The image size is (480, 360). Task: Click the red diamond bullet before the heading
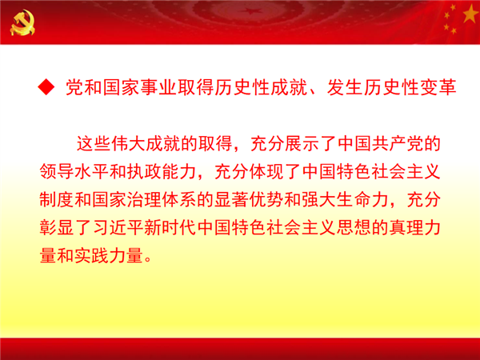tap(46, 87)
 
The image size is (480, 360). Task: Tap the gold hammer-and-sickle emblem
tap(22, 22)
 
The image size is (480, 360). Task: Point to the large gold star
tap(471, 14)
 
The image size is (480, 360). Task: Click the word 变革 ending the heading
tap(438, 87)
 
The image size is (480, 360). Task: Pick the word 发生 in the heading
tap(345, 87)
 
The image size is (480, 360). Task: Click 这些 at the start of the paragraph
tap(94, 143)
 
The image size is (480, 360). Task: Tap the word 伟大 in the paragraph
tap(128, 143)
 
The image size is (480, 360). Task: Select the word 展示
tap(302, 143)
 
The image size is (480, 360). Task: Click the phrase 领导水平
tap(74, 171)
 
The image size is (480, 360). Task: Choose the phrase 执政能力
tap(162, 171)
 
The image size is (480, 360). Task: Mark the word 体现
tap(266, 171)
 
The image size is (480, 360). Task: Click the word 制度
tap(57, 199)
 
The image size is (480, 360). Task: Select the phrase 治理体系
tap(162, 199)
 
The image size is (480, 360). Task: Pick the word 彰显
tap(57, 227)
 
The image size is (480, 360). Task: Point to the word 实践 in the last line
tap(91, 256)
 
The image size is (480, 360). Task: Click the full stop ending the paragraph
tap(148, 259)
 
